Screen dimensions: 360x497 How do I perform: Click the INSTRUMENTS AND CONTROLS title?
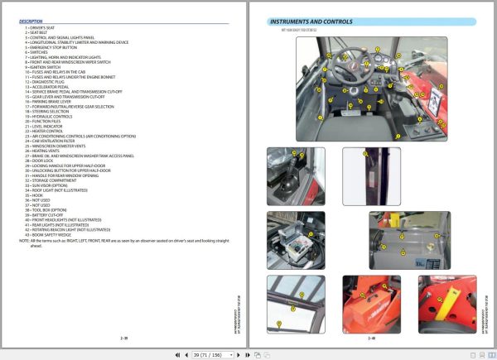[312, 22]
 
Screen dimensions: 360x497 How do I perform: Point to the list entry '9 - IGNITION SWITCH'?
[45, 67]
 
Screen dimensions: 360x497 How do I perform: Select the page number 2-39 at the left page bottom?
[124, 338]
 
